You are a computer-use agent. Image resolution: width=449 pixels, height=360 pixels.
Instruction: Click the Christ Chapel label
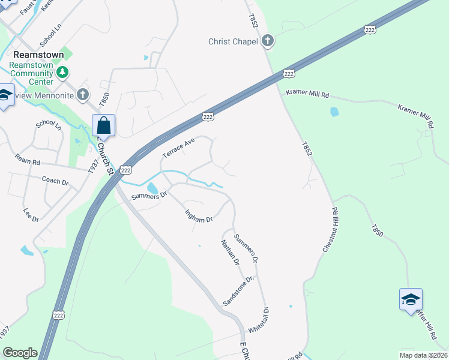click(233, 41)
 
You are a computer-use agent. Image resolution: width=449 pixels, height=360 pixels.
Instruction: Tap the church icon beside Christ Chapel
click(268, 41)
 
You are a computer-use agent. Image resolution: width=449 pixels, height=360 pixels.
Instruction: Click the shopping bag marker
click(103, 126)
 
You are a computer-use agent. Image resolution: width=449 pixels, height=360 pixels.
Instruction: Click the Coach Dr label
click(56, 180)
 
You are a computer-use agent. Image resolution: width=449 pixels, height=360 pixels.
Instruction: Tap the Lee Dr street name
click(31, 214)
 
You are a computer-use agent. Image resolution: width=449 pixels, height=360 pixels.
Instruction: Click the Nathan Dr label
click(230, 253)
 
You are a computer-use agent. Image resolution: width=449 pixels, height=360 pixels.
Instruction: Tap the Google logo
click(20, 353)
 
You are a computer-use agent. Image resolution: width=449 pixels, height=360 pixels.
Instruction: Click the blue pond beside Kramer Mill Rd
click(334, 112)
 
